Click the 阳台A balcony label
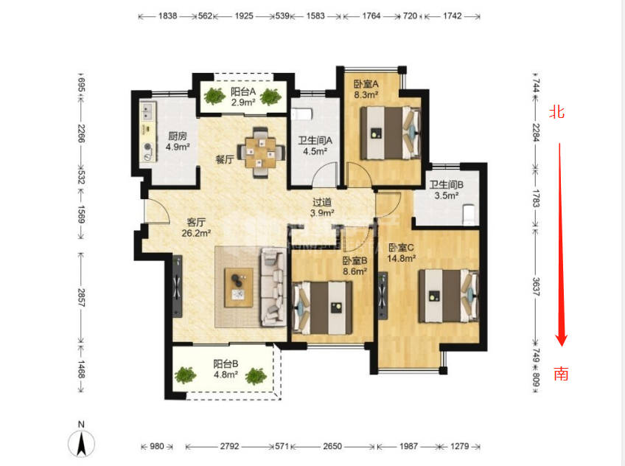point(243,91)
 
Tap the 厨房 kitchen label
point(178,136)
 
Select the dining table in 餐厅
point(261,152)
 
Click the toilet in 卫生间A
point(301,115)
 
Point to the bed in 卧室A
point(391,133)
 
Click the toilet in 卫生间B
point(469,214)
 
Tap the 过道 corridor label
point(321,202)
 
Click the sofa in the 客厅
point(273,287)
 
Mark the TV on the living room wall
point(177,287)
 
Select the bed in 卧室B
point(323,307)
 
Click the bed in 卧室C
point(448,296)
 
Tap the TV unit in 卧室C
point(383,296)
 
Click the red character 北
point(557,112)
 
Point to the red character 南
point(561,374)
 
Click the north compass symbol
point(81,443)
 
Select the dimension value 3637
point(536,287)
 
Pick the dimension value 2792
point(230,447)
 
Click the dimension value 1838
point(167,16)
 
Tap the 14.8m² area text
point(402,258)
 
